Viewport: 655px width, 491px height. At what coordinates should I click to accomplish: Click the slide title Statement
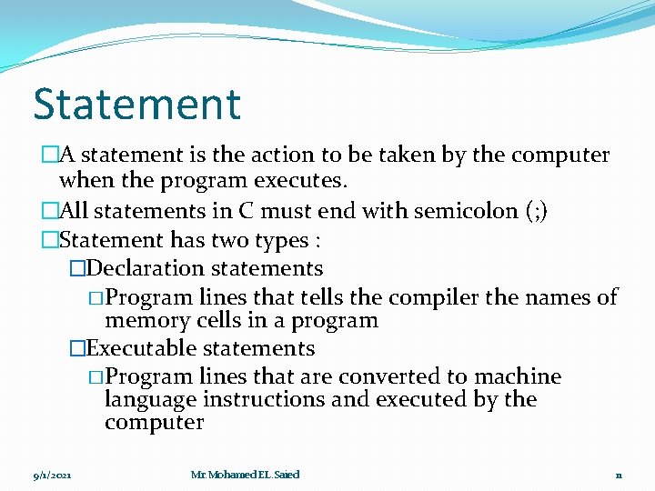point(136,104)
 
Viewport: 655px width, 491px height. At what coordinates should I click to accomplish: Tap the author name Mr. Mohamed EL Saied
point(245,475)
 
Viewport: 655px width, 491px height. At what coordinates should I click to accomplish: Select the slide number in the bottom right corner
point(618,476)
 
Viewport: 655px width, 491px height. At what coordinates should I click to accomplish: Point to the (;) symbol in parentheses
point(536,211)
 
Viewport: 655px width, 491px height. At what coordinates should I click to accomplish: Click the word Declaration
point(146,268)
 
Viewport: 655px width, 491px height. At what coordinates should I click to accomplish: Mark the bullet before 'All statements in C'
point(49,212)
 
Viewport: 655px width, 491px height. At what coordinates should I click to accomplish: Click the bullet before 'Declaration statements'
point(77,269)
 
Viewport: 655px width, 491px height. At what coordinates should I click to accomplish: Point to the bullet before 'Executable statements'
point(77,349)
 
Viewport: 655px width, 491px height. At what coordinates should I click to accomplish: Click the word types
point(284,240)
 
